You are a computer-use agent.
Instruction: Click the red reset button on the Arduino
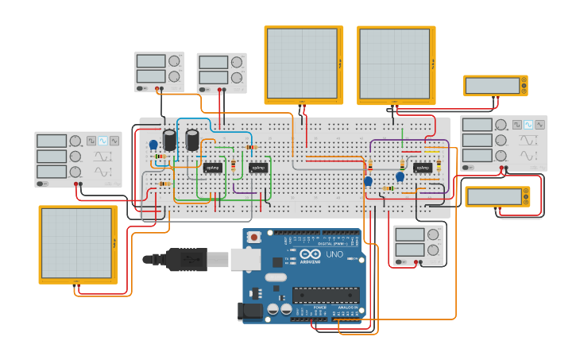tap(254, 236)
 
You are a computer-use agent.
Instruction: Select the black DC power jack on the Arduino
tap(253, 312)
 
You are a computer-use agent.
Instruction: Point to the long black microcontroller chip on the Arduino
tap(326, 296)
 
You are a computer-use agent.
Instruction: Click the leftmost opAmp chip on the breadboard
tap(213, 168)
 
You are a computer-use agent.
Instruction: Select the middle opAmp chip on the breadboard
tap(258, 168)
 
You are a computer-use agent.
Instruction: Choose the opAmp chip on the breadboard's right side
tap(422, 168)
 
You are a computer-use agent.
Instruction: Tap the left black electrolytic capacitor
tap(170, 140)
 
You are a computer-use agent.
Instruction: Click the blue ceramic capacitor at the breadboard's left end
tap(153, 145)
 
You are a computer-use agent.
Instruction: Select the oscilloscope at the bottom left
tap(78, 244)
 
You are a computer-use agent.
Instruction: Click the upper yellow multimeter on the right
tap(495, 86)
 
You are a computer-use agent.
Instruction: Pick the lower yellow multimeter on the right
tap(497, 196)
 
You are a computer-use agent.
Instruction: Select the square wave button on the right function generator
tap(517, 125)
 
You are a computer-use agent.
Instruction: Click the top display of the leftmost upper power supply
tap(150, 61)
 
